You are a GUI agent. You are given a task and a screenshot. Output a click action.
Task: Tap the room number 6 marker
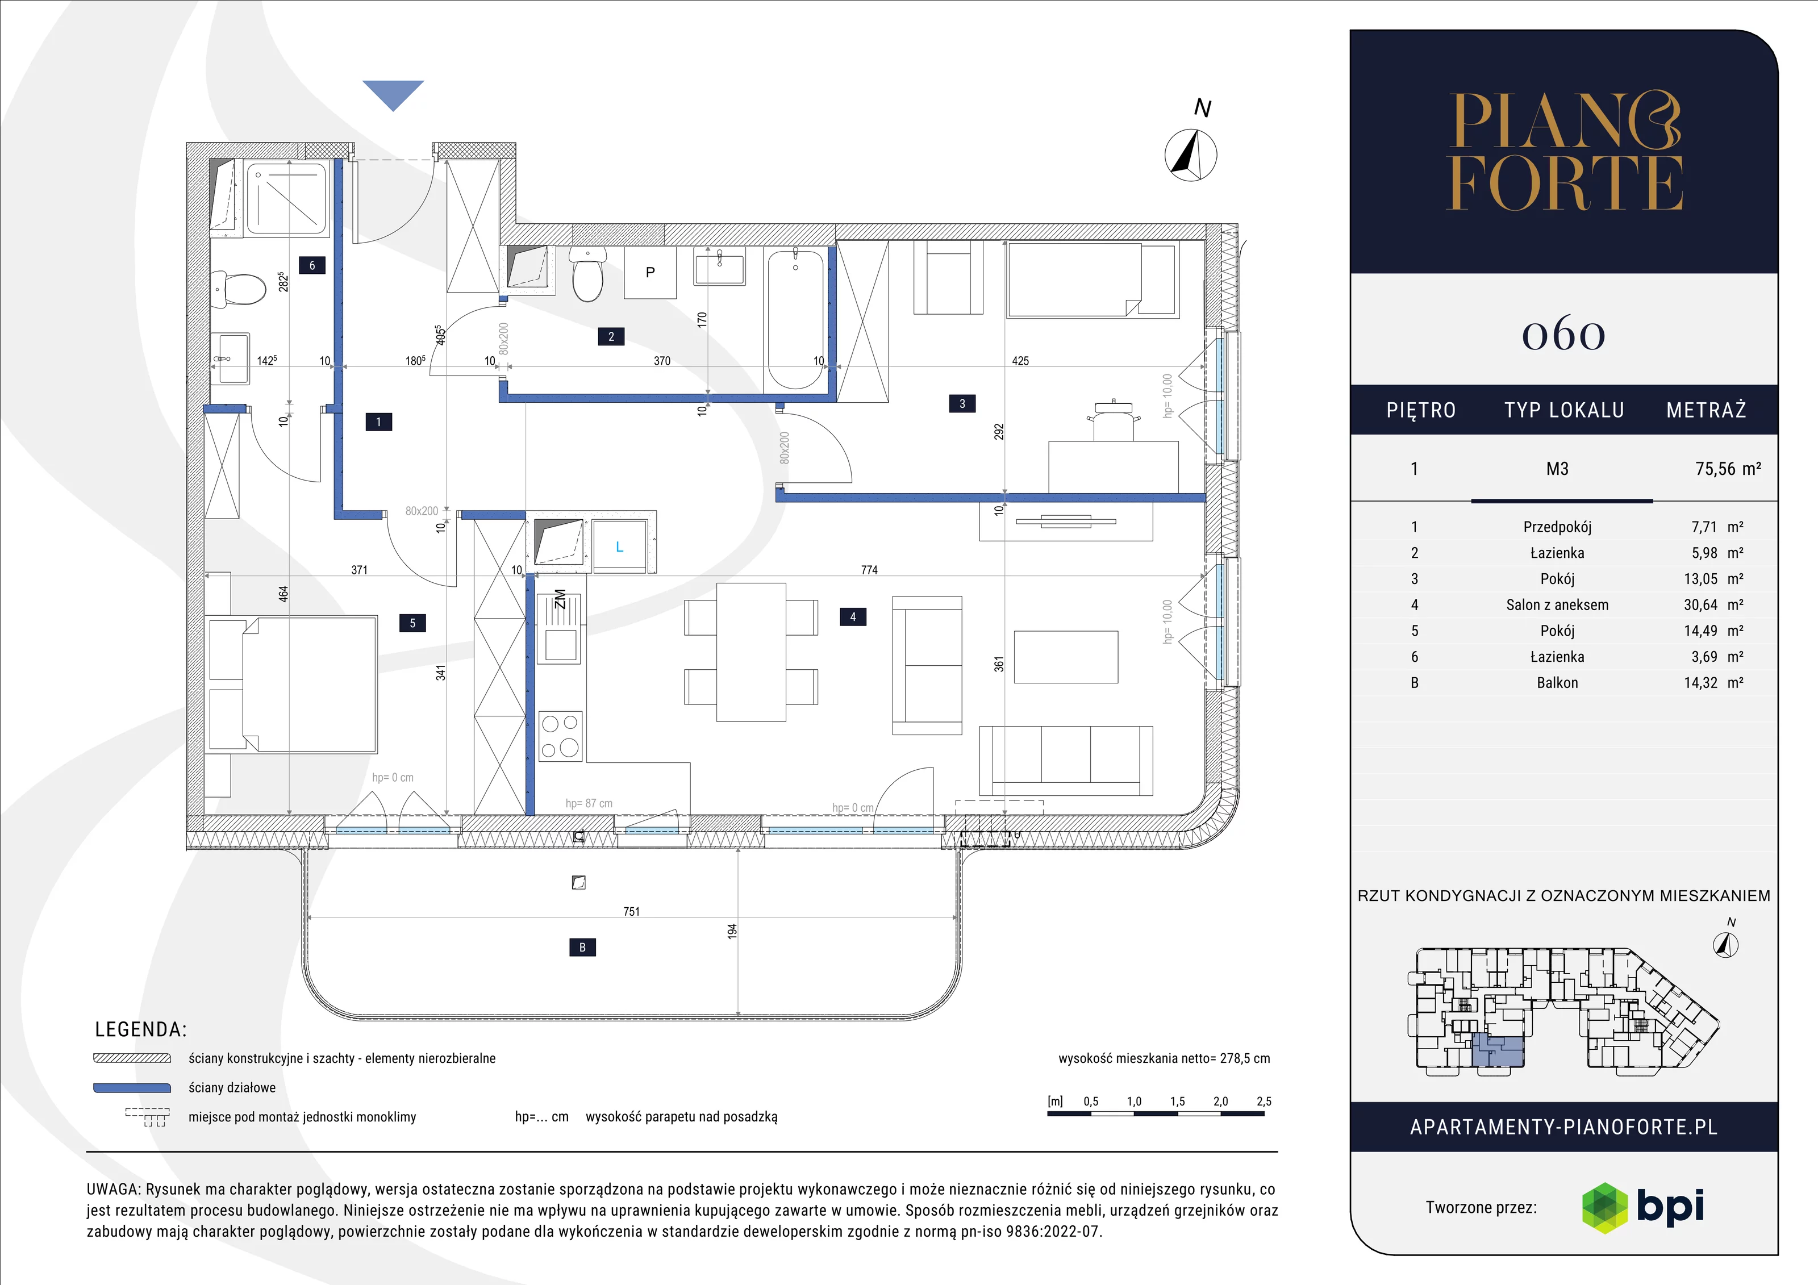(x=312, y=265)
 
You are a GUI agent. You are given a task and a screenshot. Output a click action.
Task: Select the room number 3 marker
(x=962, y=404)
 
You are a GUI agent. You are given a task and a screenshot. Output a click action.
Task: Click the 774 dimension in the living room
(x=869, y=569)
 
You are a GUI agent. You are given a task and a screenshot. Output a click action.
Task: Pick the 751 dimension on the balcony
(x=631, y=911)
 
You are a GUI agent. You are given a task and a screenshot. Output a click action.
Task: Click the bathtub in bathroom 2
(x=796, y=319)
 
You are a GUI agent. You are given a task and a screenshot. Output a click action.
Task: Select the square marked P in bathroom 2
(x=650, y=272)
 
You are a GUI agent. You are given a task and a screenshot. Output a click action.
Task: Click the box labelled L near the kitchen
(x=620, y=546)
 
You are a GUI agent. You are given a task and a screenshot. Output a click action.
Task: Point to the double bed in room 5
(x=292, y=683)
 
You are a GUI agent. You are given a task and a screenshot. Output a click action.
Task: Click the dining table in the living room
(x=750, y=652)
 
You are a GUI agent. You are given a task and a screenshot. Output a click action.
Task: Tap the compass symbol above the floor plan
(x=1191, y=153)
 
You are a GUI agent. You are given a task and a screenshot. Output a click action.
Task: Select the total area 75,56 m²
(x=1728, y=469)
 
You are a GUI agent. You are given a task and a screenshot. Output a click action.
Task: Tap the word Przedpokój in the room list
(x=1557, y=527)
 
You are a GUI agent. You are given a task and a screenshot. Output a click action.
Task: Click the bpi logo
(x=1642, y=1207)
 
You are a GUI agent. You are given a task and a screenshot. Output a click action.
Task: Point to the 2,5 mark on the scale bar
(x=1264, y=1102)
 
